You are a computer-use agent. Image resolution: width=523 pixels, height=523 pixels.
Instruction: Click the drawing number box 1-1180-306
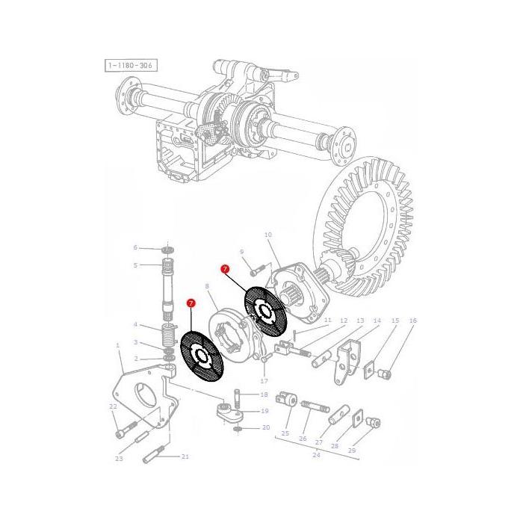pyautogui.click(x=131, y=66)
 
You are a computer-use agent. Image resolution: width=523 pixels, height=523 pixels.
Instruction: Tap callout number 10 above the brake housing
pyautogui.click(x=268, y=235)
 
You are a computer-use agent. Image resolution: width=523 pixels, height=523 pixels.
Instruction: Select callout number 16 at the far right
pyautogui.click(x=413, y=321)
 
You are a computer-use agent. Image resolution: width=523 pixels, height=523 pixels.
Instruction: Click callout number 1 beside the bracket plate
pyautogui.click(x=118, y=345)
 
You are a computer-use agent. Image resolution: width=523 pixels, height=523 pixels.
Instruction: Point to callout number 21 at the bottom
pyautogui.click(x=185, y=456)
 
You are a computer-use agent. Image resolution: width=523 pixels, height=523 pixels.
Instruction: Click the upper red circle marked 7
pyautogui.click(x=224, y=268)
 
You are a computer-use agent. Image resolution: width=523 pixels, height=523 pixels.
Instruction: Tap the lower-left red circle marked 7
pyautogui.click(x=191, y=303)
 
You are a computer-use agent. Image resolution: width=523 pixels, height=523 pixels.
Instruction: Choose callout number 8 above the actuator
pyautogui.click(x=207, y=286)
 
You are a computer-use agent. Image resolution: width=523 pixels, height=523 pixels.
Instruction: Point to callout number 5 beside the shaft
pyautogui.click(x=136, y=264)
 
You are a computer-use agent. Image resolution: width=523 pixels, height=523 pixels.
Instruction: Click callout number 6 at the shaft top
pyautogui.click(x=136, y=247)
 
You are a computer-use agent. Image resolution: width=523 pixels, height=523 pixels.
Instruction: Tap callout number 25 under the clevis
pyautogui.click(x=285, y=433)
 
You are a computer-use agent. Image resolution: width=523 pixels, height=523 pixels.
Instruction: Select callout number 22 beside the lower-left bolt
pyautogui.click(x=114, y=406)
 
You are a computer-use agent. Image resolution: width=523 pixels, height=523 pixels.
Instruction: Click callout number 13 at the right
pyautogui.click(x=360, y=321)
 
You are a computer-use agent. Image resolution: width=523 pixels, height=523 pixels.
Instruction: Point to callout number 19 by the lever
pyautogui.click(x=264, y=411)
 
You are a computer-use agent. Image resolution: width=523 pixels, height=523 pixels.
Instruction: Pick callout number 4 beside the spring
pyautogui.click(x=136, y=324)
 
